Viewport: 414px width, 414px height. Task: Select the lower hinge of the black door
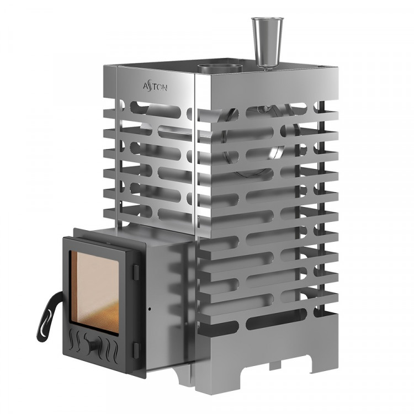coord(136,347)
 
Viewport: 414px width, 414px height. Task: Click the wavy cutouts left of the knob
coord(80,338)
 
